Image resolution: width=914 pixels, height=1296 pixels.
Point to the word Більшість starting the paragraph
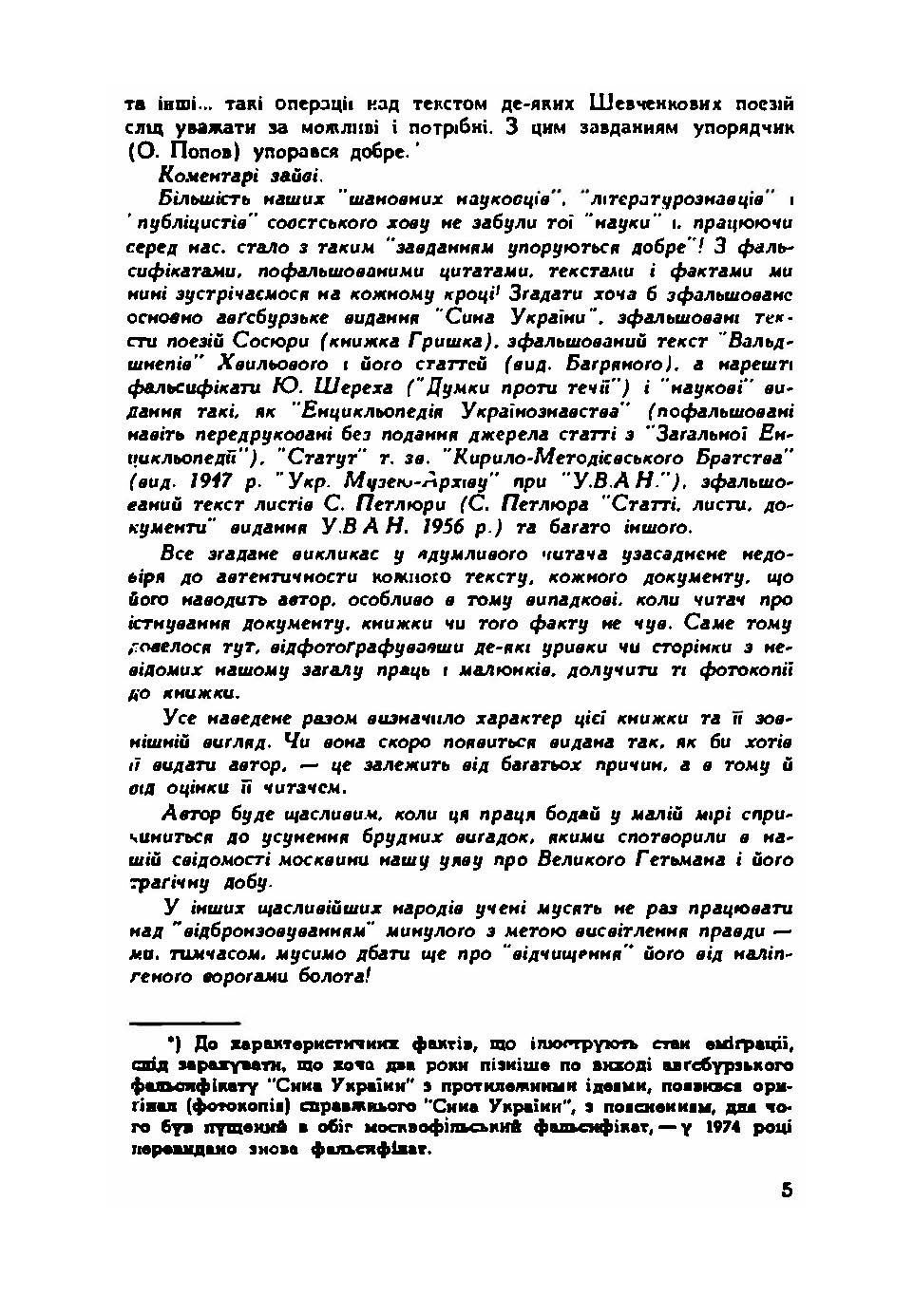(x=202, y=198)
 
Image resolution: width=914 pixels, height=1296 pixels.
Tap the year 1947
(x=219, y=480)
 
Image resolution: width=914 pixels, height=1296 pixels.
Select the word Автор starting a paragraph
(x=192, y=814)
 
